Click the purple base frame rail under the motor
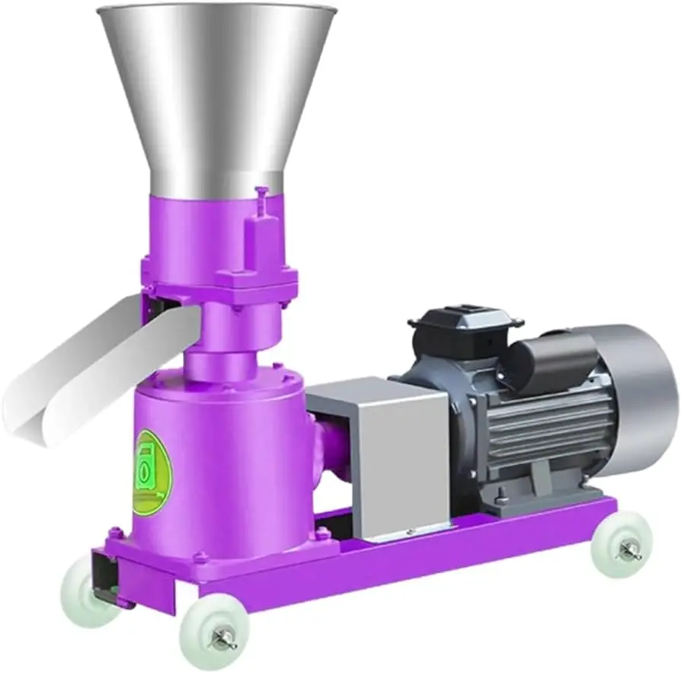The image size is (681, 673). (x=457, y=549)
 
